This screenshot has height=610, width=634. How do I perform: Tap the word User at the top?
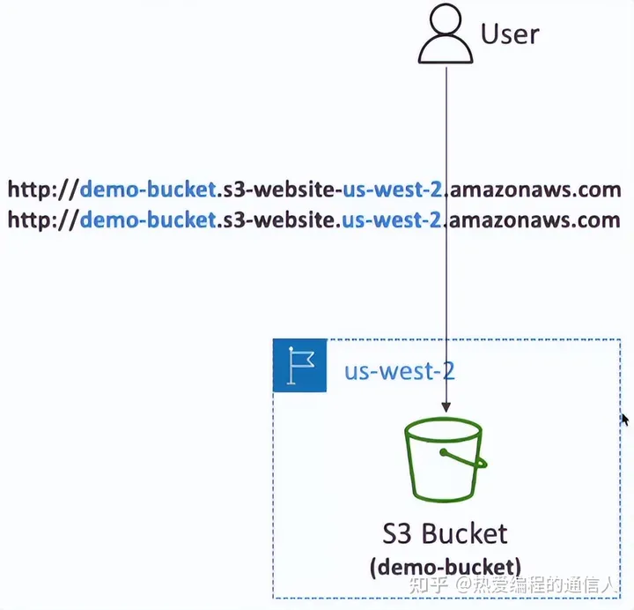(x=510, y=34)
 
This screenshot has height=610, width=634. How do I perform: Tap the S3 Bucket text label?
(x=445, y=533)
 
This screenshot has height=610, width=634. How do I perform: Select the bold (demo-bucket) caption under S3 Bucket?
(x=445, y=565)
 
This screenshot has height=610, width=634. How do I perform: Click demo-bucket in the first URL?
(x=147, y=190)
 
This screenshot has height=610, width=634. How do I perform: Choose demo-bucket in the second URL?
(x=147, y=219)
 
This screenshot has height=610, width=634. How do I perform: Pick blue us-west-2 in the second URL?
(x=389, y=219)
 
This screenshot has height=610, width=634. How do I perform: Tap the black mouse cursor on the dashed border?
(x=624, y=420)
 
